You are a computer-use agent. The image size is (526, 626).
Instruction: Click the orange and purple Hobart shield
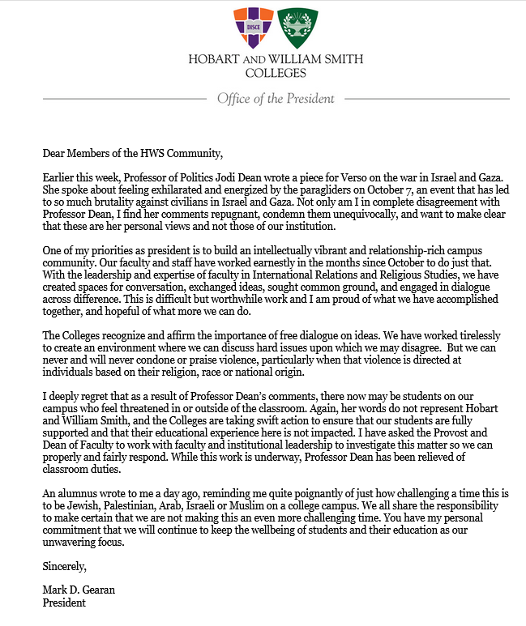click(251, 28)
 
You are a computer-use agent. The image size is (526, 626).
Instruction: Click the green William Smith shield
click(297, 28)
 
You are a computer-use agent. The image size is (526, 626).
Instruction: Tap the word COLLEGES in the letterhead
click(275, 73)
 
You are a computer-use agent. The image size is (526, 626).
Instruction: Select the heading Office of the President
click(275, 99)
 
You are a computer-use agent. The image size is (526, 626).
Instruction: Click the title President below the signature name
click(63, 604)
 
